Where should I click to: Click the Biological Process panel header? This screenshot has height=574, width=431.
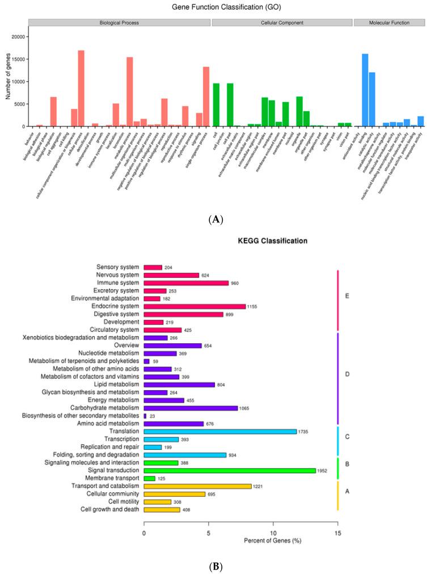coord(119,23)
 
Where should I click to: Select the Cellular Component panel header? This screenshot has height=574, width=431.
coord(282,23)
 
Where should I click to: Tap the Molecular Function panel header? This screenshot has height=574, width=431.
coord(389,23)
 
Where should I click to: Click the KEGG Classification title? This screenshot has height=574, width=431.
coord(272,241)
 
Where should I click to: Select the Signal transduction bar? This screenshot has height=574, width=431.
coord(230,470)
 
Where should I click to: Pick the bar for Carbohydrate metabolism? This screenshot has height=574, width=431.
coord(191,408)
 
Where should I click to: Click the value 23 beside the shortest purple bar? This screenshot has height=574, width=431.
coord(153,416)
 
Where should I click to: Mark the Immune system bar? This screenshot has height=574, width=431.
coord(186,282)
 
